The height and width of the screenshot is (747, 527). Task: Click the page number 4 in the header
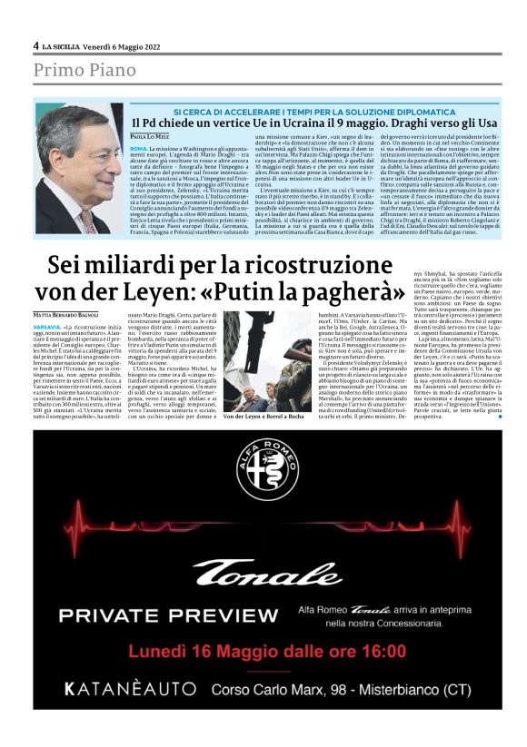coord(36,45)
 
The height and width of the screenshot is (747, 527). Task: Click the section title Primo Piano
coord(86,70)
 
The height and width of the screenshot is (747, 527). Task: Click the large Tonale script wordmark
coord(267,573)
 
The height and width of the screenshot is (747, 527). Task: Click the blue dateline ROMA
coord(139,147)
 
